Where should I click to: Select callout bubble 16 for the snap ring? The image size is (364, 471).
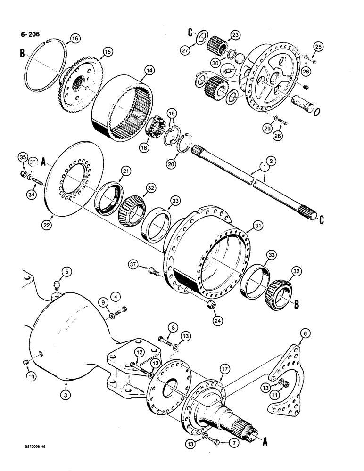(74, 38)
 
